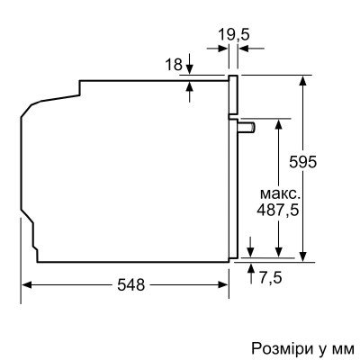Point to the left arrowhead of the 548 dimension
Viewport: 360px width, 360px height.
pos(27,285)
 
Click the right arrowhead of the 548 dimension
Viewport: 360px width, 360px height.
pos(225,285)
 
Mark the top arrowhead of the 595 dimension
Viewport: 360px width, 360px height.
pos(305,80)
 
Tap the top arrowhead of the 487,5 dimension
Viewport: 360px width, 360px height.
pos(280,122)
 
